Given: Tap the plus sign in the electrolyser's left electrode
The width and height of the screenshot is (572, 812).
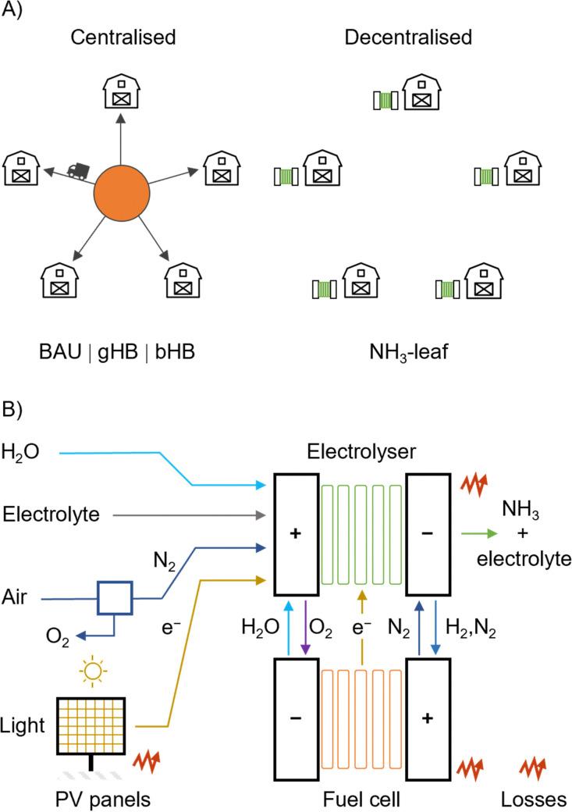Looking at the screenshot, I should [x=295, y=533].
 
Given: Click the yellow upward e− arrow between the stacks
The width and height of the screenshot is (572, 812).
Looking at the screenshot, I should [x=362, y=621].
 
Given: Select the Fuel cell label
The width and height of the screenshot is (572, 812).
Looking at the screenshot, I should [x=362, y=799].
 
